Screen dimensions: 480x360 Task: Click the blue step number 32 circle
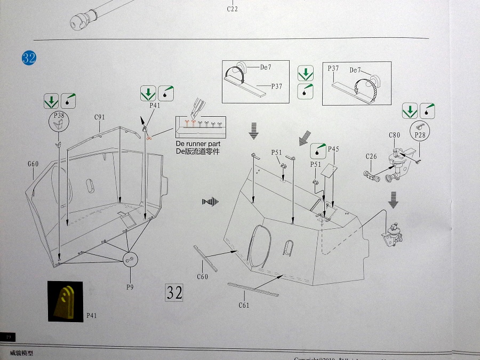point(29,58)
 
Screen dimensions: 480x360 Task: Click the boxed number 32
point(174,292)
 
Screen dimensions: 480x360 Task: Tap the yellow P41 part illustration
point(67,301)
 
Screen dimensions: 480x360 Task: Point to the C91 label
point(100,117)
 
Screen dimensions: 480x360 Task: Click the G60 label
point(33,164)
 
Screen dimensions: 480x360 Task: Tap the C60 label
point(202,276)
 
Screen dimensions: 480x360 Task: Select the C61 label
point(244,305)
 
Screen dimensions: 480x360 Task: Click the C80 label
point(394,135)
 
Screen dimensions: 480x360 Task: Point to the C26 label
point(371,156)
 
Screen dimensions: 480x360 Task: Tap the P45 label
point(333,149)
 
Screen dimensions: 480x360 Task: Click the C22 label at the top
point(233,9)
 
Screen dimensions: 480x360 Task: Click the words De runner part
point(197,144)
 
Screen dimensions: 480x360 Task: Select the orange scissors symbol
point(149,138)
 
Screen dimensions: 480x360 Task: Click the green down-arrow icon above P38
point(51,100)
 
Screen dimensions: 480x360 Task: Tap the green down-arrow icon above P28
point(410,111)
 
